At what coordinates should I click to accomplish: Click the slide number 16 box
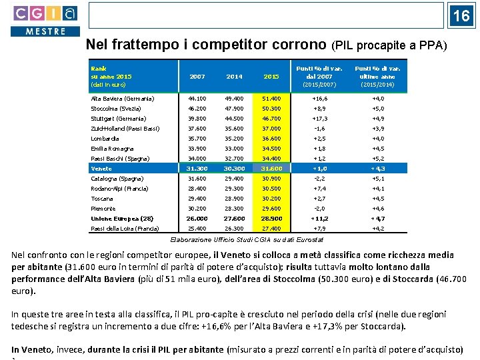point(461,15)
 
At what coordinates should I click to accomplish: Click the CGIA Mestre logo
point(45,20)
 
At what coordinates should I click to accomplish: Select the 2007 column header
point(197,77)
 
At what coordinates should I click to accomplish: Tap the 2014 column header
point(234,77)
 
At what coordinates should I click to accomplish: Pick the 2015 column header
point(271,77)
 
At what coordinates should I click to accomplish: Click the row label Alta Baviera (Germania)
point(123,99)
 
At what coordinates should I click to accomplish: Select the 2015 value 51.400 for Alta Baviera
point(271,99)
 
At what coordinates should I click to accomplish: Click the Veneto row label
point(102,169)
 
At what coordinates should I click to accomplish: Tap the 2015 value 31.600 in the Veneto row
point(271,169)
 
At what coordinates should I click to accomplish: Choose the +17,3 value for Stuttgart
point(319,119)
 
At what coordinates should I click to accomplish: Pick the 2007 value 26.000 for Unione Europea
point(197,219)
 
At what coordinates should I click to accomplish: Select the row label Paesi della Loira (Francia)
point(125,229)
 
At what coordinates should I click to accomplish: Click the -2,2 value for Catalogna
point(319,179)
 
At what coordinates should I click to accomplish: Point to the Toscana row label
point(103,199)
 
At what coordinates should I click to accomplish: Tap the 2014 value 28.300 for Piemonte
point(234,209)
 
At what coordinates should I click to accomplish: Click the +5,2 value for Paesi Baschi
point(377,159)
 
